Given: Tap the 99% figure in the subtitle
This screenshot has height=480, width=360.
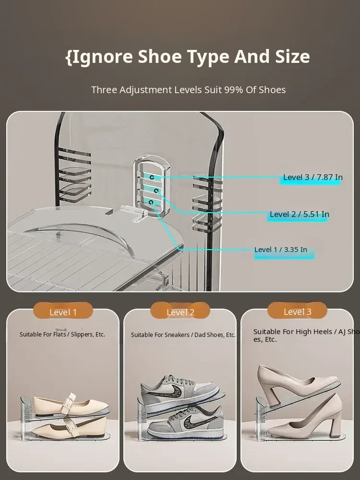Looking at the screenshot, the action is coord(233,90).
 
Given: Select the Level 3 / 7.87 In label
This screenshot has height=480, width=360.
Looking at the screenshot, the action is coord(313,177).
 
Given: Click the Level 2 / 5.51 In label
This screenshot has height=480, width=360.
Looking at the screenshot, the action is coord(300,214).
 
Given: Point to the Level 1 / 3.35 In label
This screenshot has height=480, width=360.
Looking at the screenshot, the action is coord(281,250).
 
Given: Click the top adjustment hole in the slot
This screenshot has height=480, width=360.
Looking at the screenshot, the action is coord(152,177).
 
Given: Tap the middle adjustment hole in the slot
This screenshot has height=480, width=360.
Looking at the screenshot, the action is coord(156,191).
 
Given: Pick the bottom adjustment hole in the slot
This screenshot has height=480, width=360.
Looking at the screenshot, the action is coord(151,203).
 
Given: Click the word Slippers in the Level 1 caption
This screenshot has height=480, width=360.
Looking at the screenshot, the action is coord(83,334).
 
